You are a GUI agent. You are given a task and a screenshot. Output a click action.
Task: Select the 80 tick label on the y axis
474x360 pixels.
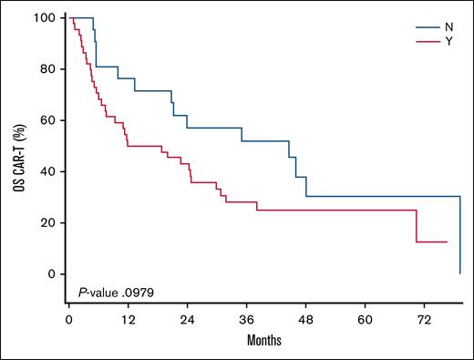(50, 69)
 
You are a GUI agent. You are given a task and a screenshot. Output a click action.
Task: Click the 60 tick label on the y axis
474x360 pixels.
(50, 120)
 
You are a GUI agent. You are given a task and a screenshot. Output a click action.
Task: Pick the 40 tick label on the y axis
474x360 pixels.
(50, 171)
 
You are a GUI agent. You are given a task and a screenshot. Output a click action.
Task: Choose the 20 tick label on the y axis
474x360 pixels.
(50, 222)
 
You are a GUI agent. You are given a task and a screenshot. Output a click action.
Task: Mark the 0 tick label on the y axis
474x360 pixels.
(53, 274)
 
